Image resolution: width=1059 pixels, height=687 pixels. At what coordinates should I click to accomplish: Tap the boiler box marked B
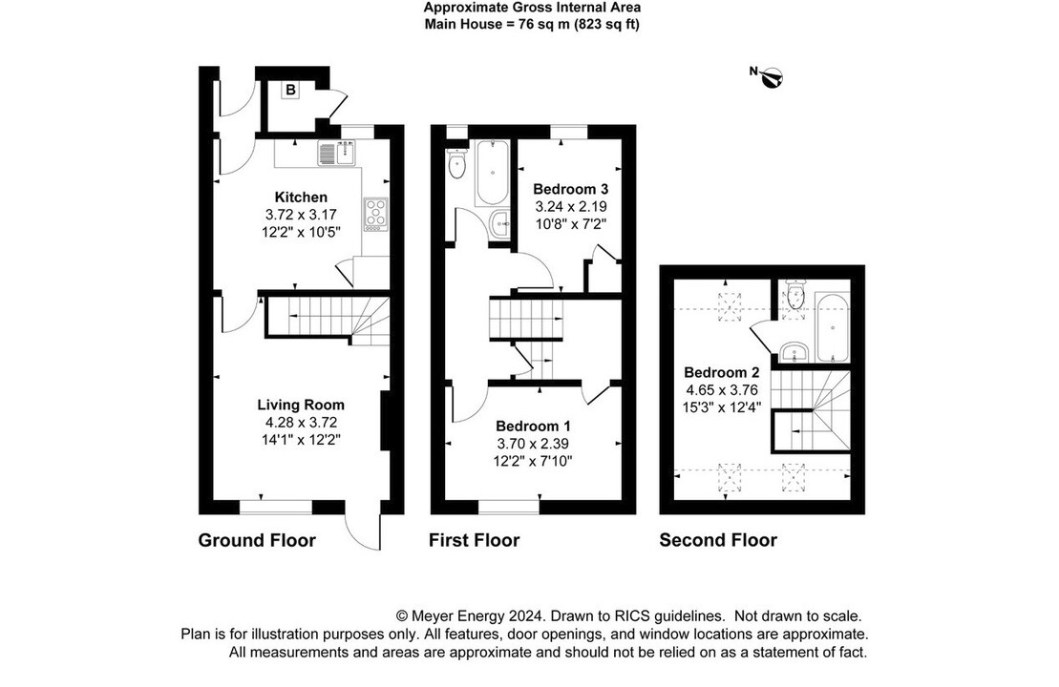(290, 91)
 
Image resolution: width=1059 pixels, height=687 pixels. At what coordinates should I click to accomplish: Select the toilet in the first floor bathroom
(455, 164)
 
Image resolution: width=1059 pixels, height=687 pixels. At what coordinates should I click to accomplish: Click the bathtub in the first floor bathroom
(492, 172)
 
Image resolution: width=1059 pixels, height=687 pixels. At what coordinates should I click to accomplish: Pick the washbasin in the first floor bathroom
(499, 225)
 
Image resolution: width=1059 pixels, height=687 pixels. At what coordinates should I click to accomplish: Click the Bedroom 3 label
(570, 188)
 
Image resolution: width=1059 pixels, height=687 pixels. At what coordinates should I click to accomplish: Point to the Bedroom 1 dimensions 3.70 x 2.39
(534, 444)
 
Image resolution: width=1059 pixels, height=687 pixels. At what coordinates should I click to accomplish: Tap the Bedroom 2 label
(721, 372)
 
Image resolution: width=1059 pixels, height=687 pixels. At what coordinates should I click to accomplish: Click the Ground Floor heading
(257, 540)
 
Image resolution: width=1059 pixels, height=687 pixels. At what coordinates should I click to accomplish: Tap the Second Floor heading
(718, 540)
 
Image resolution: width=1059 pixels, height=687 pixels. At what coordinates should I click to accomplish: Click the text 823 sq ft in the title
(605, 24)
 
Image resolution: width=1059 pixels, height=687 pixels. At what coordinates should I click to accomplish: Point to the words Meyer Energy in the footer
(453, 616)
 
